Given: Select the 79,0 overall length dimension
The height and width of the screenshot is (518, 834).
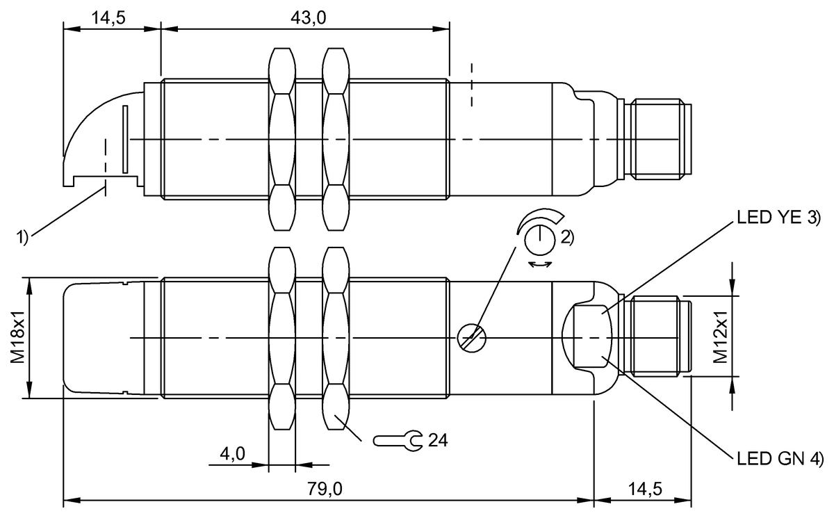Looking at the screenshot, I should coord(325,489).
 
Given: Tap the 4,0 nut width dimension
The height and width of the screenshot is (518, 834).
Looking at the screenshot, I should coord(232,454).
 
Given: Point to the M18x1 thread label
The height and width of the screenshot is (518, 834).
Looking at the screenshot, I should coord(19,338).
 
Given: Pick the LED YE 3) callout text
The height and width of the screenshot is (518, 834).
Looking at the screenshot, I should coord(778,220).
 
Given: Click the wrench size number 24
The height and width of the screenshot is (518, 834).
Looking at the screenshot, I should coord(437,439).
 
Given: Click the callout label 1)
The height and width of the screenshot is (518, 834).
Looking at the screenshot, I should coord(22,237).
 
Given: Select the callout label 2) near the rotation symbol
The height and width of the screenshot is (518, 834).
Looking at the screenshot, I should coord(566,237).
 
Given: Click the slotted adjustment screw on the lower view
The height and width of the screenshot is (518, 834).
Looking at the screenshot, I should coord(472,339).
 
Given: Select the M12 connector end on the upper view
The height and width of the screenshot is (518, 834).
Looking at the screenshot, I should coord(658,140).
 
